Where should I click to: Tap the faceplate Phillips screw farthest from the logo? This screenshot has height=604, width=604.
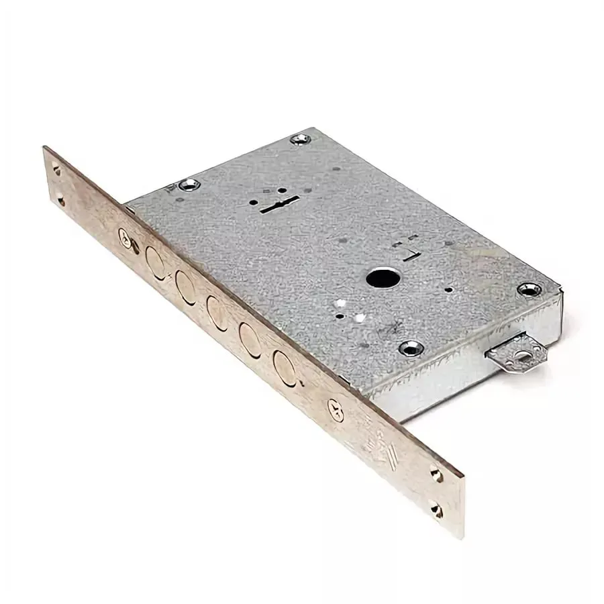tap(125, 236)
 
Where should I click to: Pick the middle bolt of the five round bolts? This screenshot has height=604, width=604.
tap(217, 311)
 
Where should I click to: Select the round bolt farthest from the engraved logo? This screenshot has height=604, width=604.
tap(154, 258)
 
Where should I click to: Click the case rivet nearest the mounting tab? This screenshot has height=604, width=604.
tap(529, 289)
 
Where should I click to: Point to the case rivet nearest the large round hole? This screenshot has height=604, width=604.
tap(410, 348)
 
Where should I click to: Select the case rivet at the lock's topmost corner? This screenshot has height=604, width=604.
tap(300, 140)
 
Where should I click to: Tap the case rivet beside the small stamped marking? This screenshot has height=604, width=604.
tap(187, 183)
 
